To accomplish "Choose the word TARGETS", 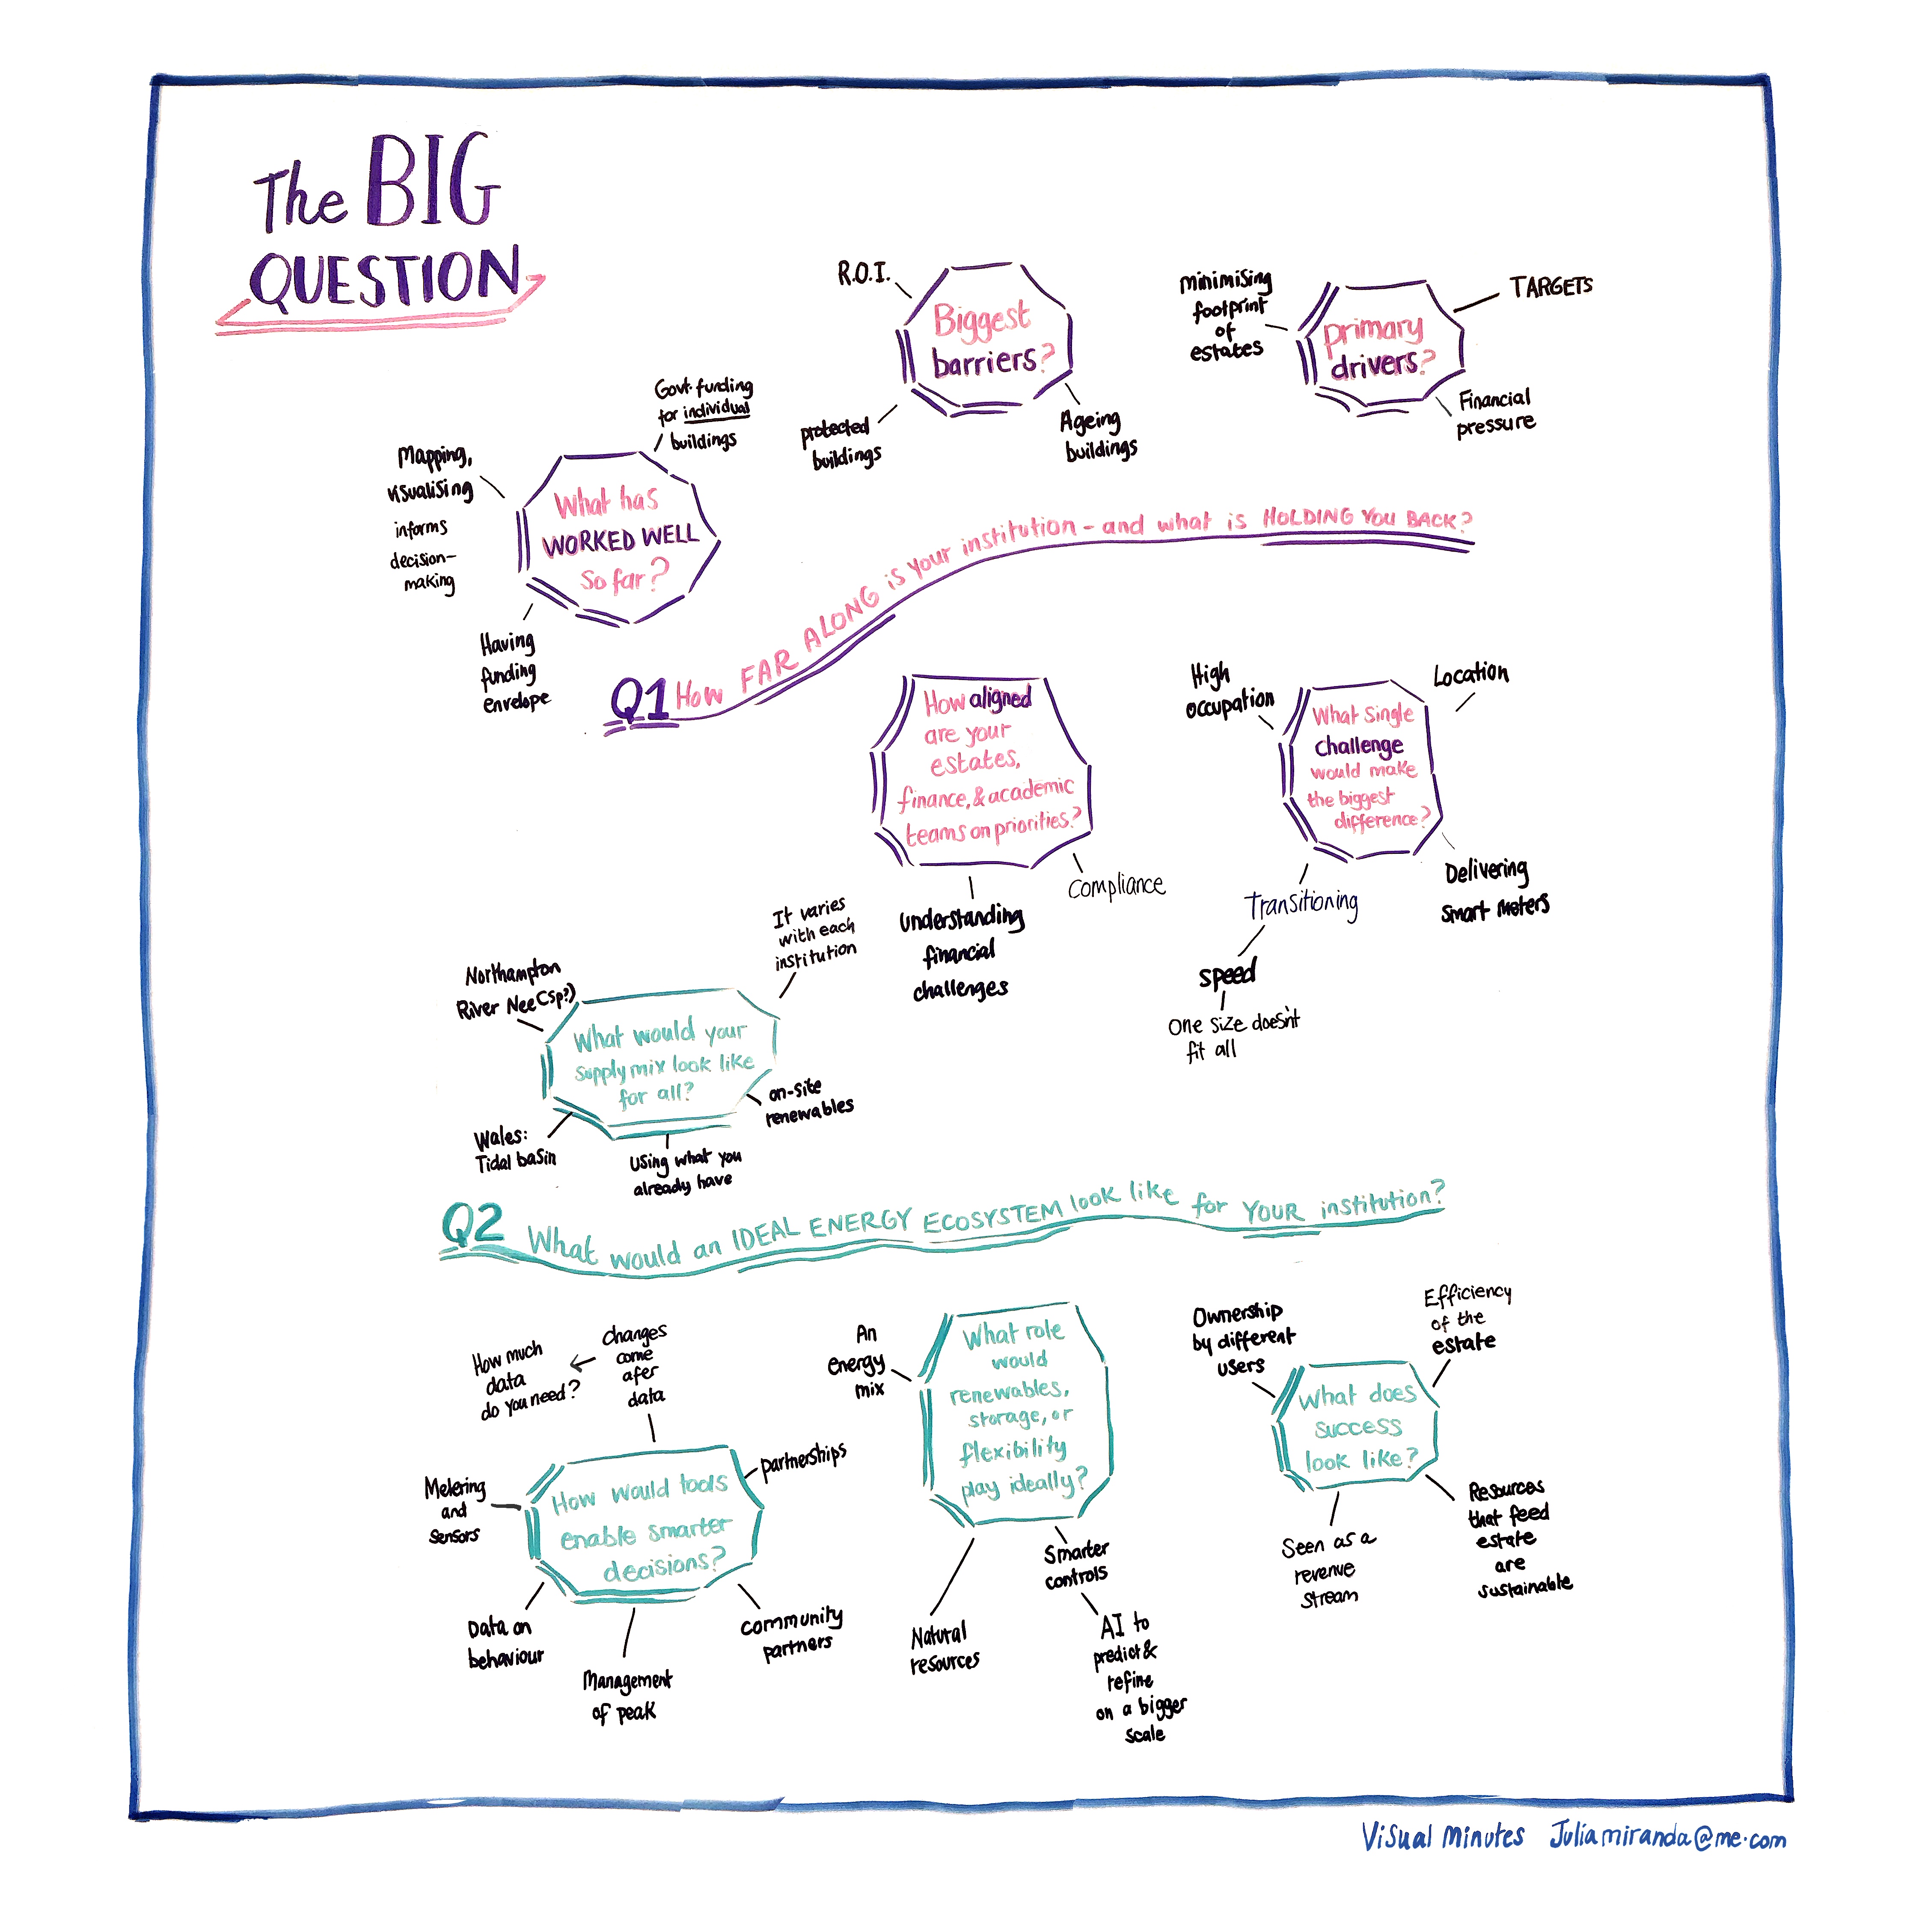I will pyautogui.click(x=1550, y=287).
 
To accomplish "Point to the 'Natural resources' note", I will pyautogui.click(x=944, y=1649).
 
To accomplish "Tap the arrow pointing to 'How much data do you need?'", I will pyautogui.click(x=582, y=1364).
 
